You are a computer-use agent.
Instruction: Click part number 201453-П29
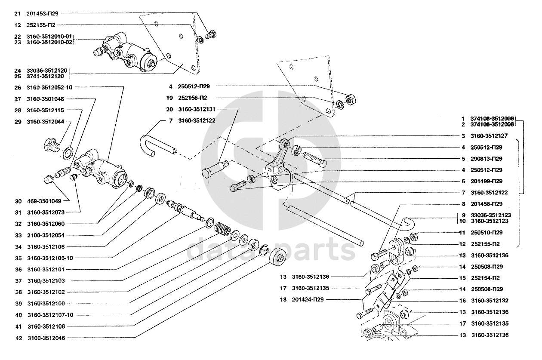point(42,14)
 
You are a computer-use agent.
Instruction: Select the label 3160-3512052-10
point(49,87)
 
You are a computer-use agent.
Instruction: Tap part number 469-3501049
point(44,201)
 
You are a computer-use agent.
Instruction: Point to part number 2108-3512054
point(46,235)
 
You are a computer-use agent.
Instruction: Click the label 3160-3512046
point(46,338)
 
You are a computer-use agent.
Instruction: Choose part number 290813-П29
point(487,159)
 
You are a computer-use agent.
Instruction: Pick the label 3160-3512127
point(489,136)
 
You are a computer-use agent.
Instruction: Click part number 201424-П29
point(308,299)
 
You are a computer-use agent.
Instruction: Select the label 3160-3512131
point(197,109)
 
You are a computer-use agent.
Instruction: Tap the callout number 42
point(18,338)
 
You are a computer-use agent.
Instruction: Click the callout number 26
point(18,88)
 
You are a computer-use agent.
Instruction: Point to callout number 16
point(462,301)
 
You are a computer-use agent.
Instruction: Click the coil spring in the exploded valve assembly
point(222,229)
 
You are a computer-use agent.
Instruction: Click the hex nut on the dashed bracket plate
point(350,99)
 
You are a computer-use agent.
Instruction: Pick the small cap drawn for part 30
point(48,179)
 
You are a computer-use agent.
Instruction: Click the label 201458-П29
point(487,204)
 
